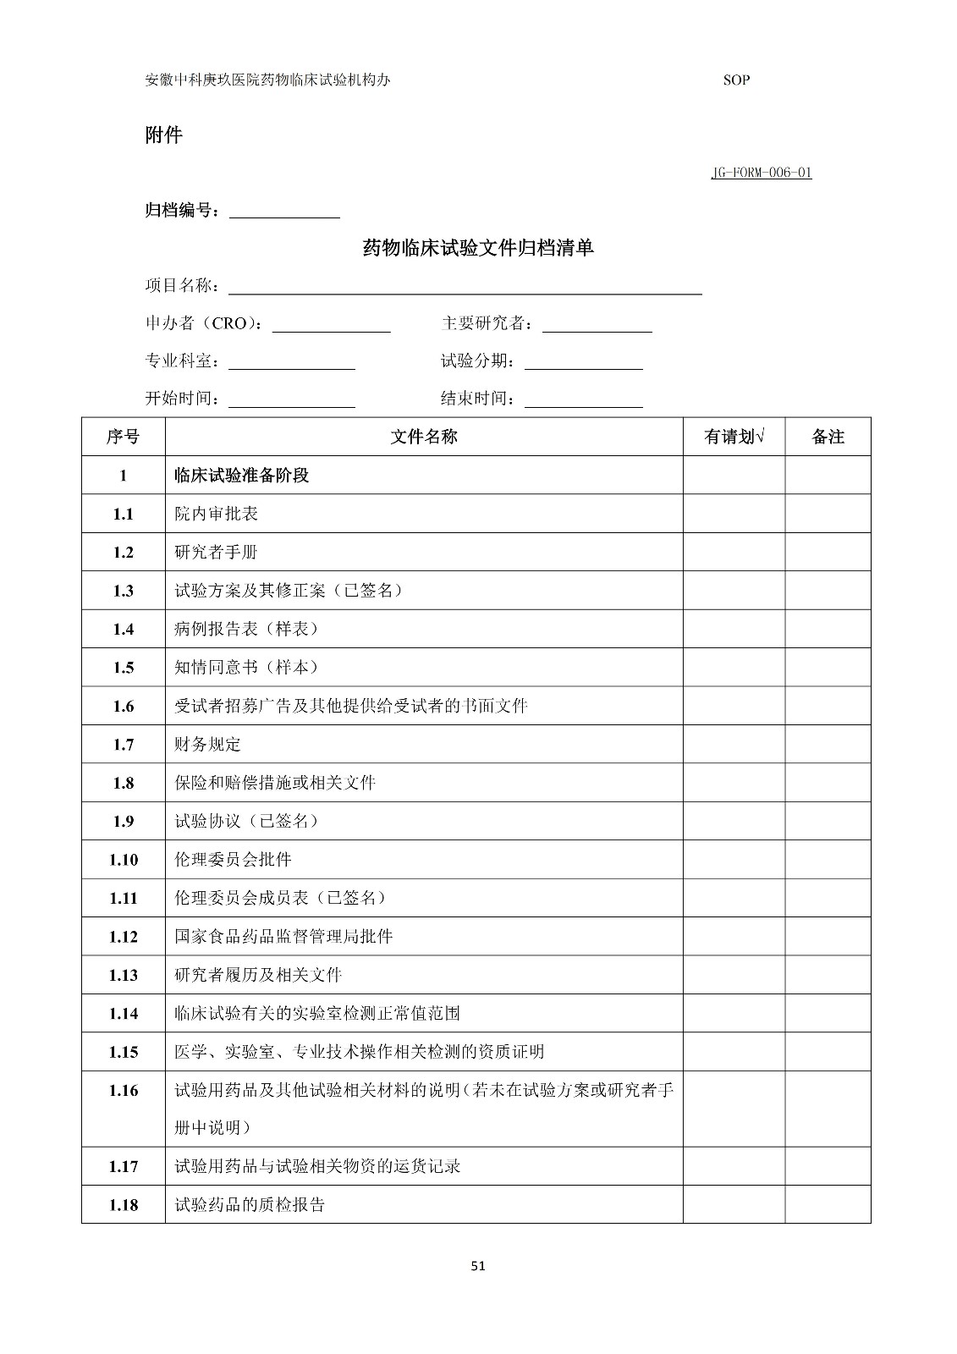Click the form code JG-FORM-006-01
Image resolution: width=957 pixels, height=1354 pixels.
point(761,173)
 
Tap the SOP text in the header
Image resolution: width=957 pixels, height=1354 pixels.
point(736,80)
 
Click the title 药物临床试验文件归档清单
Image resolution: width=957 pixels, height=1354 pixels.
point(478,247)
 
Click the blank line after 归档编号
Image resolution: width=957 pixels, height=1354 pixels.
point(284,212)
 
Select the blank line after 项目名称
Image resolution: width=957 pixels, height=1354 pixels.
point(465,287)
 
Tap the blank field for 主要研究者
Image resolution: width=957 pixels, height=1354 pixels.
point(597,325)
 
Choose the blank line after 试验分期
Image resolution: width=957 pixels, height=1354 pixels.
point(583,363)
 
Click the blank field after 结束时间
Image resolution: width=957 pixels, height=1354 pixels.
point(583,400)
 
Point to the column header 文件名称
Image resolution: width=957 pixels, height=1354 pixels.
point(424,437)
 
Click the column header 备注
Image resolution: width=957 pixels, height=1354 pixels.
point(828,437)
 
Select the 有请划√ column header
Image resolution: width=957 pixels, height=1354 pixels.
point(734,437)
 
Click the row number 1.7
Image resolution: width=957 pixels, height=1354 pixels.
point(124,745)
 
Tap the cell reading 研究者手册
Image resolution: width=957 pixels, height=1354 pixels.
point(216,553)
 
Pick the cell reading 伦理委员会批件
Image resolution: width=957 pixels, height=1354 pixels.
point(233,860)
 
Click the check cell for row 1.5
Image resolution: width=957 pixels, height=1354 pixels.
point(734,668)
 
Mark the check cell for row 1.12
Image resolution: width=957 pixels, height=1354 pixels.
point(734,937)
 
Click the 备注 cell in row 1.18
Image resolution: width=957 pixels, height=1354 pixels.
point(828,1205)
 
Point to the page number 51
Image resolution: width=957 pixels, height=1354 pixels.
point(478,1267)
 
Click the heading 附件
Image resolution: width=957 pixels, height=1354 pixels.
point(163,135)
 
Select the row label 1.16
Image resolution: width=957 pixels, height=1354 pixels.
point(124,1091)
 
